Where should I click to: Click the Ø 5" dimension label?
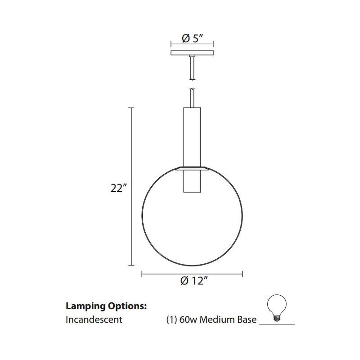point(192,39)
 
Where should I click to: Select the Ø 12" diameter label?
point(193,282)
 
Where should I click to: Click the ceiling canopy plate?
point(192,53)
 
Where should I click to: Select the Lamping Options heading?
point(106,306)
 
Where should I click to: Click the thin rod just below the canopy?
point(192,67)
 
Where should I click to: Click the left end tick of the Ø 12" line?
point(142,273)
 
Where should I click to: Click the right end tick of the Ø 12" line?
point(243,273)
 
